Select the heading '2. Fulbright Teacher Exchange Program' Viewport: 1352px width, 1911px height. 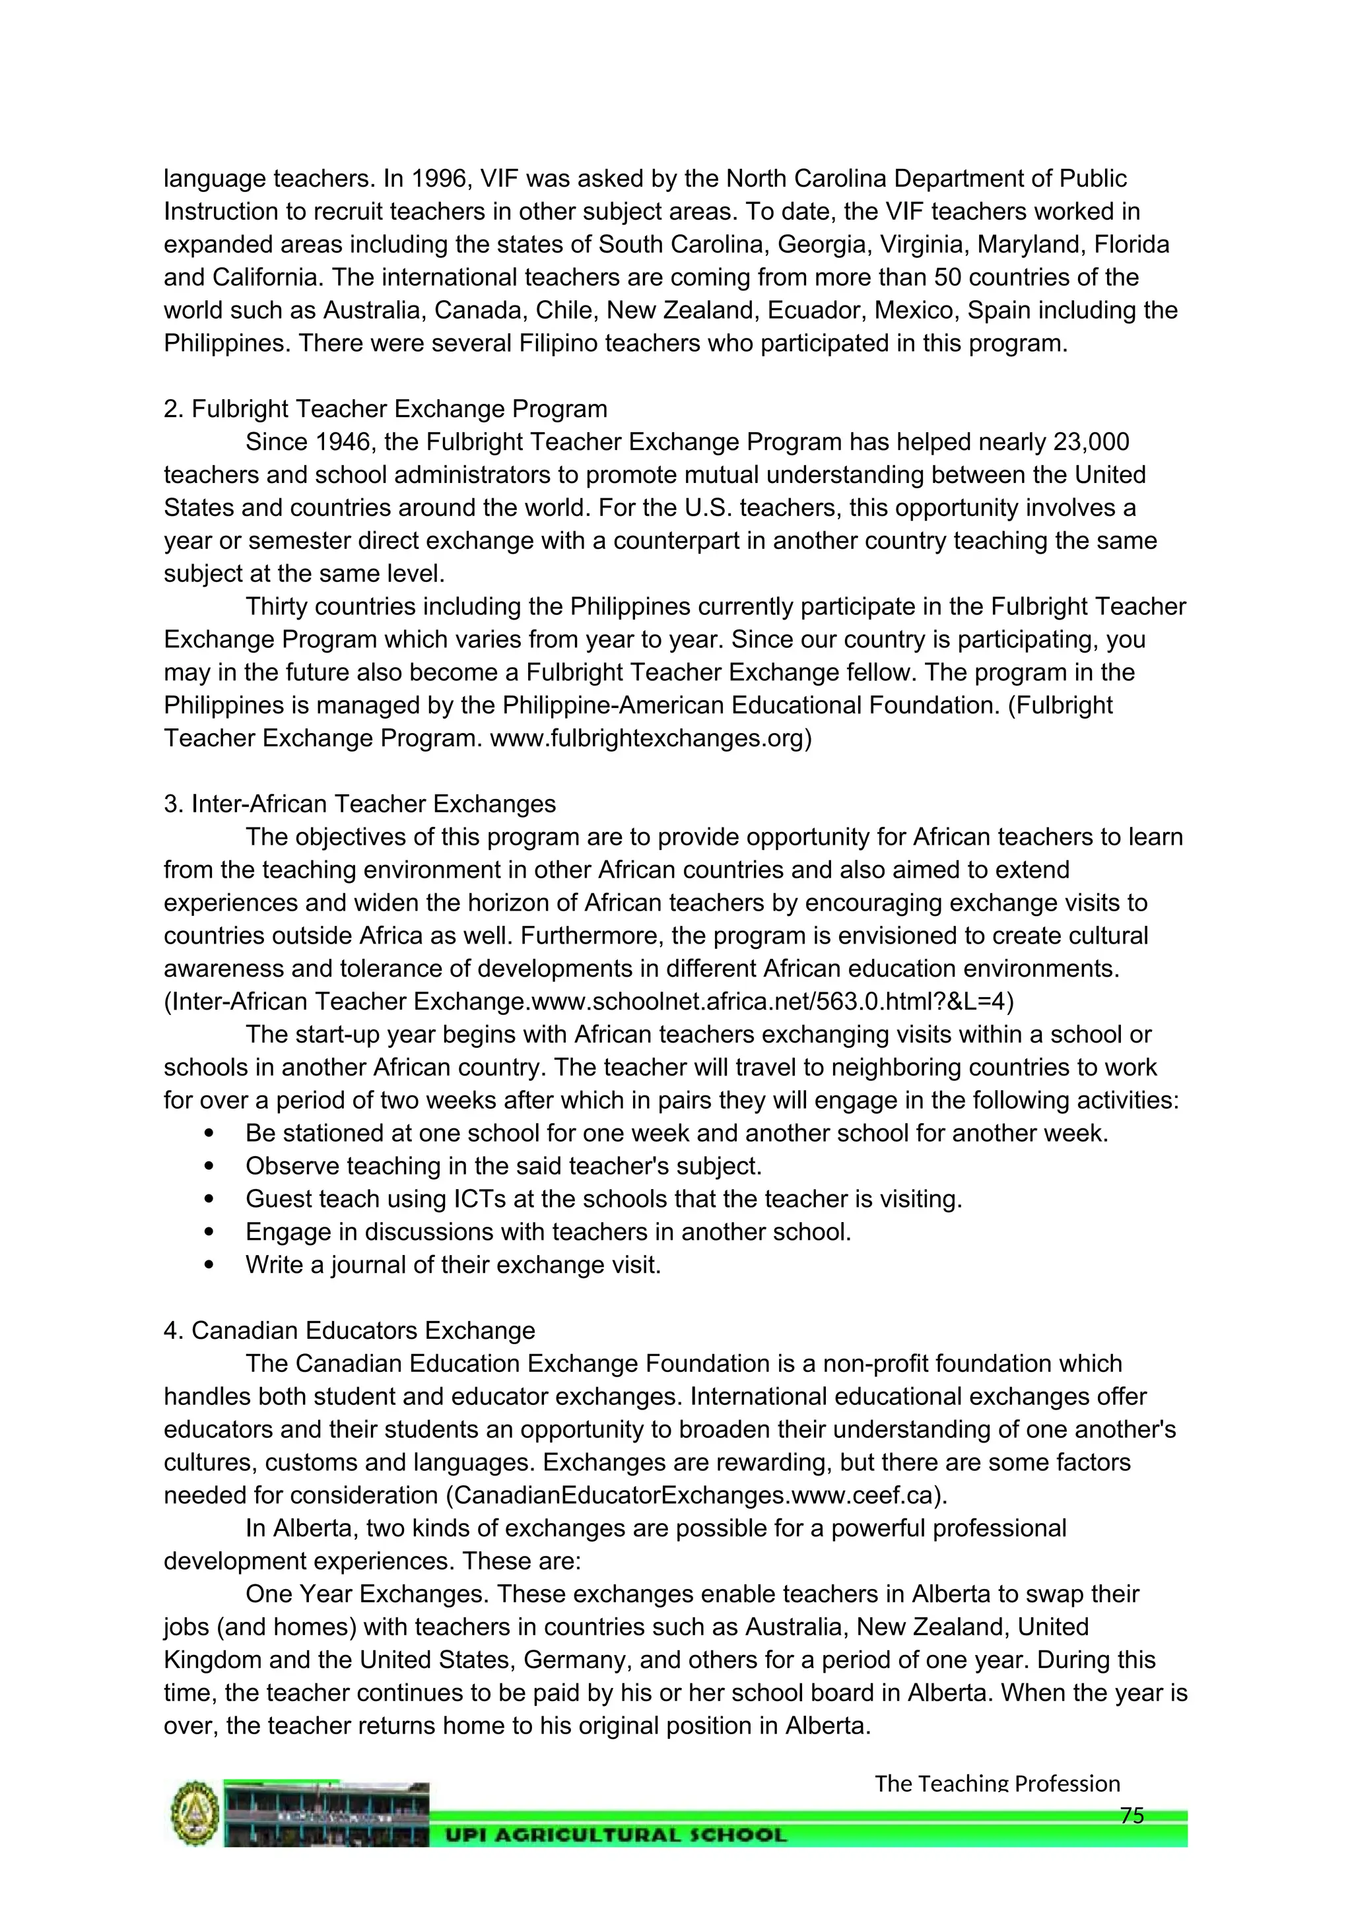coord(386,408)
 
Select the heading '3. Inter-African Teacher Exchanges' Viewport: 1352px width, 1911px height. coord(360,804)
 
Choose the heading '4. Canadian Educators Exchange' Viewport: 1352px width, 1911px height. coord(349,1331)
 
